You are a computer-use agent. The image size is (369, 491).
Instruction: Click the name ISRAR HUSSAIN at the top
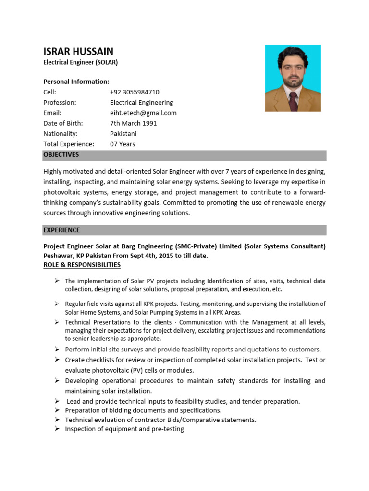click(x=78, y=51)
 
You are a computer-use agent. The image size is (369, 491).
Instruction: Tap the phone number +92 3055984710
click(x=135, y=92)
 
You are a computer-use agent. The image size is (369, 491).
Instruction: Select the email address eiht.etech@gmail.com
click(x=143, y=113)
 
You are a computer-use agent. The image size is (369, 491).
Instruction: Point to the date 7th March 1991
click(x=133, y=123)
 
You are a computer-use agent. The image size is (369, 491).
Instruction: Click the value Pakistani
click(x=123, y=134)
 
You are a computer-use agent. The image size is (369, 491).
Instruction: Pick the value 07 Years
click(x=123, y=144)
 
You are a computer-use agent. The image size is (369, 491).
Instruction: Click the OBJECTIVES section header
click(x=61, y=155)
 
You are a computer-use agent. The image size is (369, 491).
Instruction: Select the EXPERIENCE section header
click(x=61, y=230)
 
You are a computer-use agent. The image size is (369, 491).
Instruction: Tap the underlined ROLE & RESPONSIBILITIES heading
click(x=82, y=265)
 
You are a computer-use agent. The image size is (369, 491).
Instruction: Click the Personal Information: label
click(x=76, y=82)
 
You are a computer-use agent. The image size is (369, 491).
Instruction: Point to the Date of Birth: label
click(x=62, y=123)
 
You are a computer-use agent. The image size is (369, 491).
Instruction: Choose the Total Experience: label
click(x=69, y=144)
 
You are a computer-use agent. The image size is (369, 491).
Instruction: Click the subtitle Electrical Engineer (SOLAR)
click(x=80, y=62)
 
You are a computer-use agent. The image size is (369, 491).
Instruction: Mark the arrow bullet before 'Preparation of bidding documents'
click(x=56, y=410)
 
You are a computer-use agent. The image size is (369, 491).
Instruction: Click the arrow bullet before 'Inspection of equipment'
click(x=56, y=429)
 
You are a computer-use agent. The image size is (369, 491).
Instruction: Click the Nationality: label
click(x=60, y=134)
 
